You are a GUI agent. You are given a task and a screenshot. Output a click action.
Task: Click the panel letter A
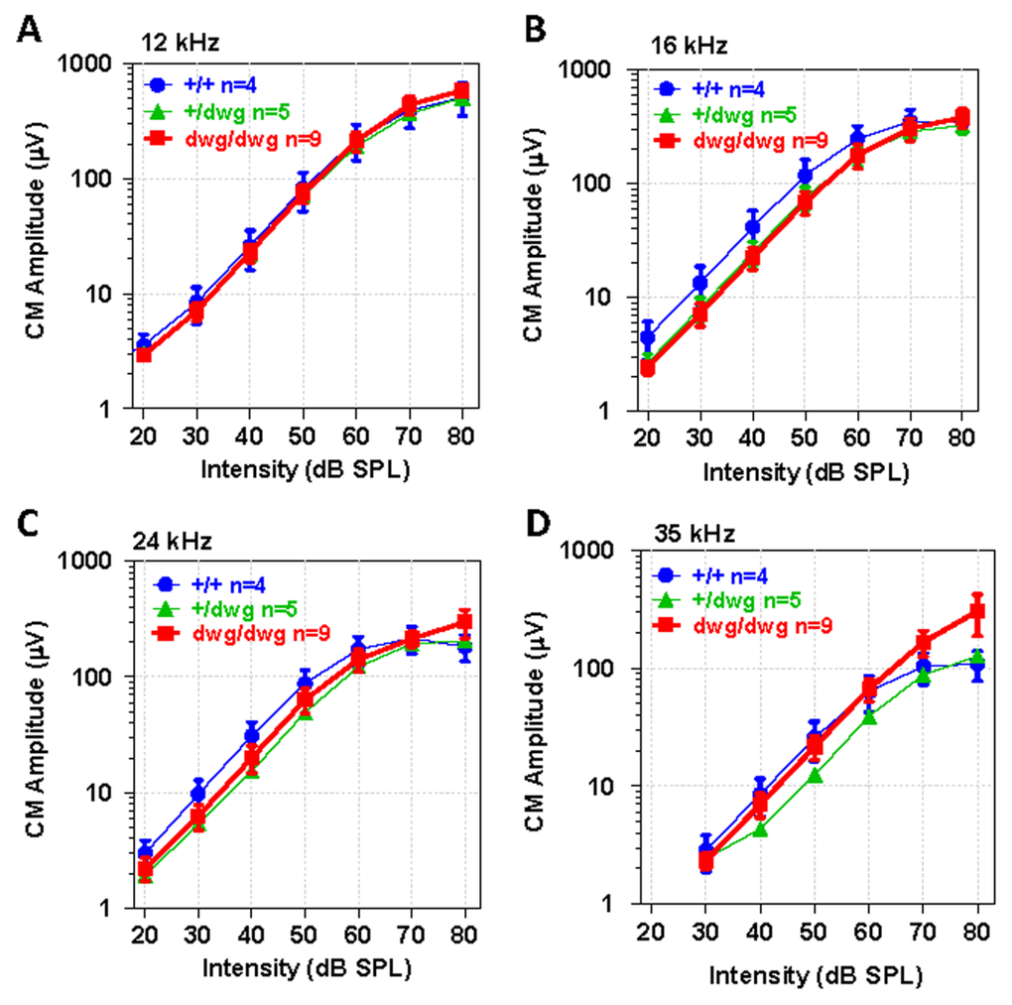[x=32, y=29]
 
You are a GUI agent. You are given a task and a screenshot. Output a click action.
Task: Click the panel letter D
[x=537, y=525]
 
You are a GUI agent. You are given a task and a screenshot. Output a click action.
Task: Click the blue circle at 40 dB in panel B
[x=753, y=227]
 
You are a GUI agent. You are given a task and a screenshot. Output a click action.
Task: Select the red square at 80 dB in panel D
[x=978, y=612]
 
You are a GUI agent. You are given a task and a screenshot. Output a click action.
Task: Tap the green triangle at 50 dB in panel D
[x=815, y=774]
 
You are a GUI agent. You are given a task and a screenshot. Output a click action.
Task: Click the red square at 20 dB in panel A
[x=144, y=353]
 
